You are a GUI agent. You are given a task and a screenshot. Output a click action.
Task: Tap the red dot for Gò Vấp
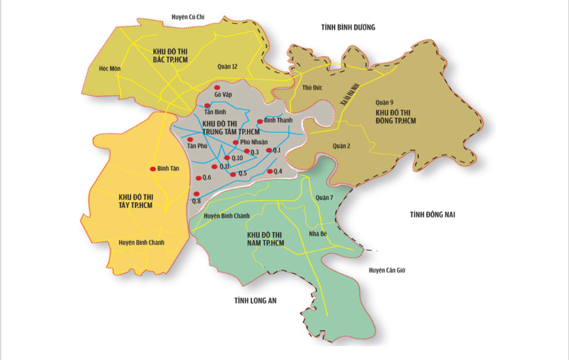pos(218,88)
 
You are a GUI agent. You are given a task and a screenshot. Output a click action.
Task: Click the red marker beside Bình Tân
pos(152,169)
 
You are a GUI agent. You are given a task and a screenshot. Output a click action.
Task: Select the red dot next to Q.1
pos(269,150)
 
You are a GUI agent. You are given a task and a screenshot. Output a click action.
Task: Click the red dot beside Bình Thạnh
pos(260,120)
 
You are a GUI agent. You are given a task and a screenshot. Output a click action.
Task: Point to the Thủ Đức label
pos(307,87)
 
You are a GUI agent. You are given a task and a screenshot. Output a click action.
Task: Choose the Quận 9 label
pos(384,102)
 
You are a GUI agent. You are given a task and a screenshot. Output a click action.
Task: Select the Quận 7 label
pos(322,198)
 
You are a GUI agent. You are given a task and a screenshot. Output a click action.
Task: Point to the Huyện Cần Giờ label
pos(385,270)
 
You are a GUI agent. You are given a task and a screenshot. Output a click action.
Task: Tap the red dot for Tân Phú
pos(189,139)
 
